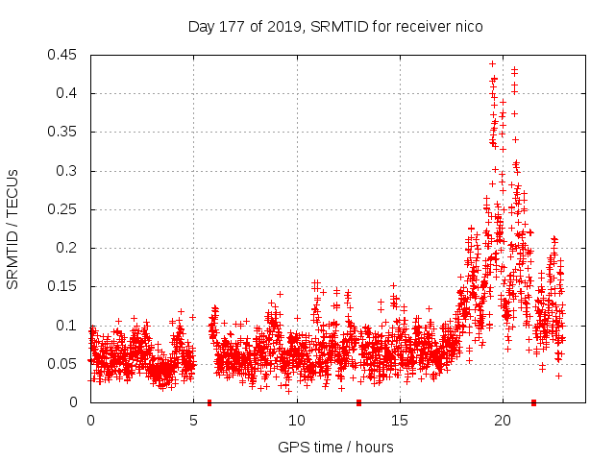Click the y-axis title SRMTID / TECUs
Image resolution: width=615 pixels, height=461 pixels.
click(13, 229)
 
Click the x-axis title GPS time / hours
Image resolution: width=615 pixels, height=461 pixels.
click(335, 447)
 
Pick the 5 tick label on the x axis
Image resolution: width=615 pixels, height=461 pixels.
click(193, 421)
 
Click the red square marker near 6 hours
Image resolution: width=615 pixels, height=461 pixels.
click(209, 402)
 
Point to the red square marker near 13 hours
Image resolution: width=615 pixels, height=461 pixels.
click(358, 402)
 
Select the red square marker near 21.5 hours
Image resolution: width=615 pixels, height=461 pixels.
click(533, 402)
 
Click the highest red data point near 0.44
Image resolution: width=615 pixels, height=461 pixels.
click(492, 63)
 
